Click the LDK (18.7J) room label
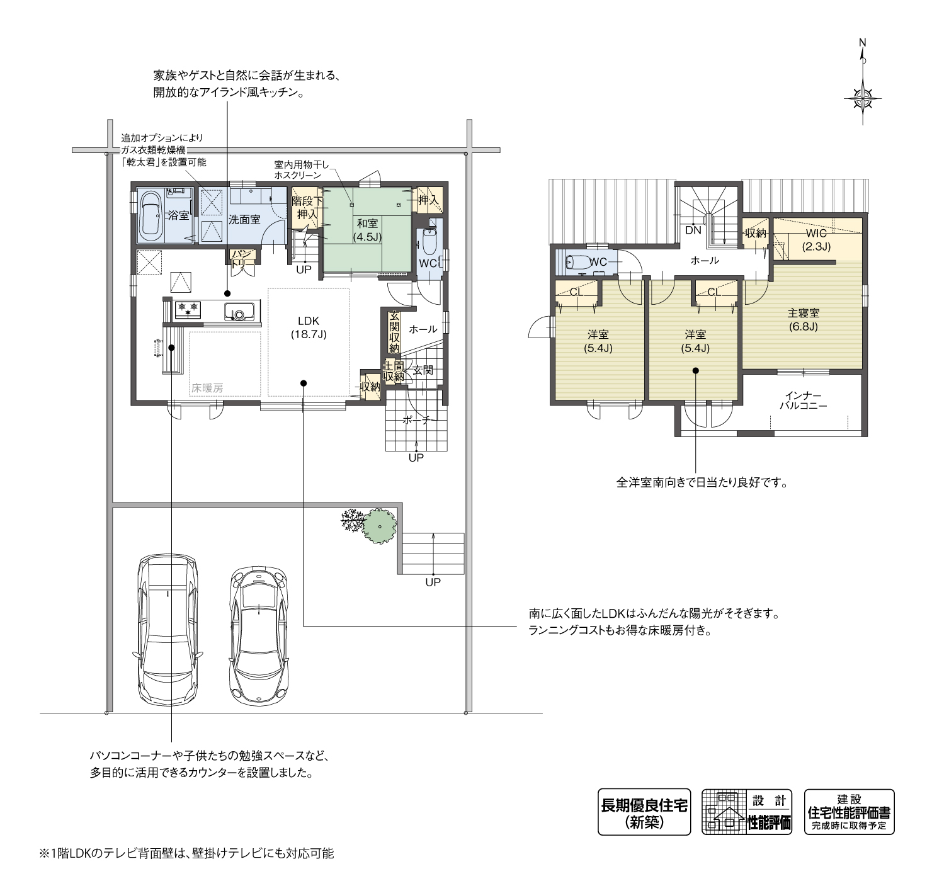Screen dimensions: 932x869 coord(309,327)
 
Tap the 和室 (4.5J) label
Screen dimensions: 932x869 coord(368,230)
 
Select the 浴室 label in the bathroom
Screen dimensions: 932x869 coord(178,215)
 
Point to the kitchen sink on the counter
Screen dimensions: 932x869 coord(239,311)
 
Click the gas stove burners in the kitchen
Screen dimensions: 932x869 coord(188,309)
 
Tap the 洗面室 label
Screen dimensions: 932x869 coord(244,220)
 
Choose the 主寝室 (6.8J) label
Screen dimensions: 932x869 coord(803,320)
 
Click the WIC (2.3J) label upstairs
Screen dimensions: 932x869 coord(816,240)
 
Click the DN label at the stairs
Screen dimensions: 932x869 coord(693,230)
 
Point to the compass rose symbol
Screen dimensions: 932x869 coord(863,99)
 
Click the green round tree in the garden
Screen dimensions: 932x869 coord(379,525)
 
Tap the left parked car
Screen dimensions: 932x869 coord(168,633)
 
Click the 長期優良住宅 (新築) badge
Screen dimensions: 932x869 coord(644,812)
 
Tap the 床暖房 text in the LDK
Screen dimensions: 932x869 coord(207,388)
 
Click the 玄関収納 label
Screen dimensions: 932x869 coord(394,332)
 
